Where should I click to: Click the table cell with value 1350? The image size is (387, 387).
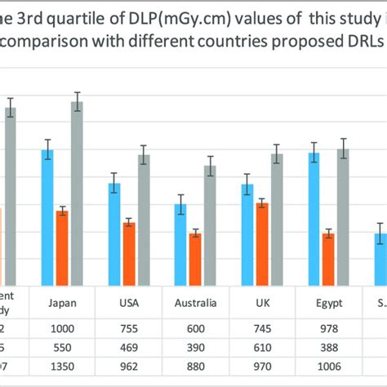[x=63, y=364]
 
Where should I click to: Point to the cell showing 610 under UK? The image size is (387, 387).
[x=262, y=346]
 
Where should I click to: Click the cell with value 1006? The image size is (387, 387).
[x=329, y=364]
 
